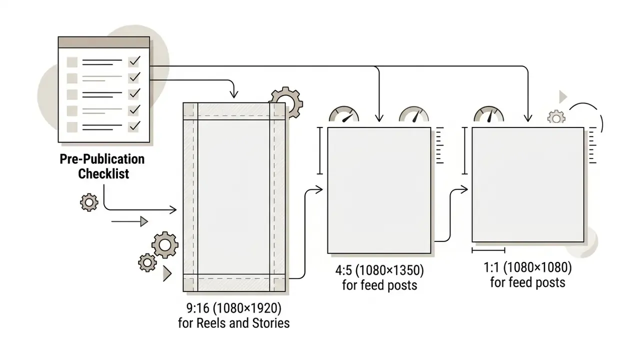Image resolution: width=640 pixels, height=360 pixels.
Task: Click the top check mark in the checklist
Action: (x=134, y=60)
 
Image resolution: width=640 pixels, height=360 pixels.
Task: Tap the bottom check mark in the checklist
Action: (x=134, y=125)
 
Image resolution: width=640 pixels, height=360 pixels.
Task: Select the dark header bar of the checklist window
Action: (x=103, y=42)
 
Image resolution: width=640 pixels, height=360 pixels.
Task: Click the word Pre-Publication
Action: (x=102, y=159)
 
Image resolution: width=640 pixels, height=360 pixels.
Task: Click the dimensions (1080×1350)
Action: (x=389, y=270)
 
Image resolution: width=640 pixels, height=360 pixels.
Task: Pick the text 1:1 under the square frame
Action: (x=491, y=267)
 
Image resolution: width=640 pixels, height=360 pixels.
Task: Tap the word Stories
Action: (x=271, y=323)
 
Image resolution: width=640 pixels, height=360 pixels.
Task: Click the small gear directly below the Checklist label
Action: (x=89, y=202)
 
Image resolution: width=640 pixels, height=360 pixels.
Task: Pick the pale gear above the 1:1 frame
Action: (x=556, y=117)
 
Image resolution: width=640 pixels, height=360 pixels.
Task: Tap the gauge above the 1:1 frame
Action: (x=489, y=114)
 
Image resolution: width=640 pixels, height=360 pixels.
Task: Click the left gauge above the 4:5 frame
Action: (x=344, y=114)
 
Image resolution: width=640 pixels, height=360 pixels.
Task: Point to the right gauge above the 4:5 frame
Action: (x=414, y=114)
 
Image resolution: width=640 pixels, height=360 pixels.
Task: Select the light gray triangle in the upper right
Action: (x=562, y=97)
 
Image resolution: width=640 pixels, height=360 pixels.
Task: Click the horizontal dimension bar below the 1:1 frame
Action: (x=488, y=250)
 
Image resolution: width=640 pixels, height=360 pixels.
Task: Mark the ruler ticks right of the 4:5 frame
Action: (x=439, y=145)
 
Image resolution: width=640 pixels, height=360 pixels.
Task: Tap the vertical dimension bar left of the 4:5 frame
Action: (x=320, y=150)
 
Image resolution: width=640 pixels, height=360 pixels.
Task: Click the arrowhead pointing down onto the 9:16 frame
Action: (x=234, y=94)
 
